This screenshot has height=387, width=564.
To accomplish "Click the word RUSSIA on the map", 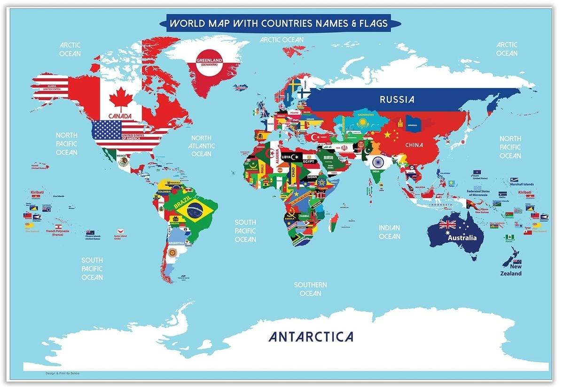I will pyautogui.click(x=397, y=100).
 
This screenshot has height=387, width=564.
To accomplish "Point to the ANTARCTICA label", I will pyautogui.click(x=311, y=337).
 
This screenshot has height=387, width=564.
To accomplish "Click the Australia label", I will pyautogui.click(x=462, y=237).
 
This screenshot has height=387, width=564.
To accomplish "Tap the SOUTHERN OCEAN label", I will pyautogui.click(x=310, y=289).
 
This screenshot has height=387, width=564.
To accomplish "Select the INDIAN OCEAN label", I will pyautogui.click(x=389, y=232).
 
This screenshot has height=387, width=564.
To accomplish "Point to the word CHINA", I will pyautogui.click(x=415, y=145).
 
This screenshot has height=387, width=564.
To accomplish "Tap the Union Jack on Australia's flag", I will pyautogui.click(x=447, y=224).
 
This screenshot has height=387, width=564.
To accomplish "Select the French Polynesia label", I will pyautogui.click(x=57, y=233).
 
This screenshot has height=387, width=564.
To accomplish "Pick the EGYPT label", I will pyautogui.click(x=308, y=162).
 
